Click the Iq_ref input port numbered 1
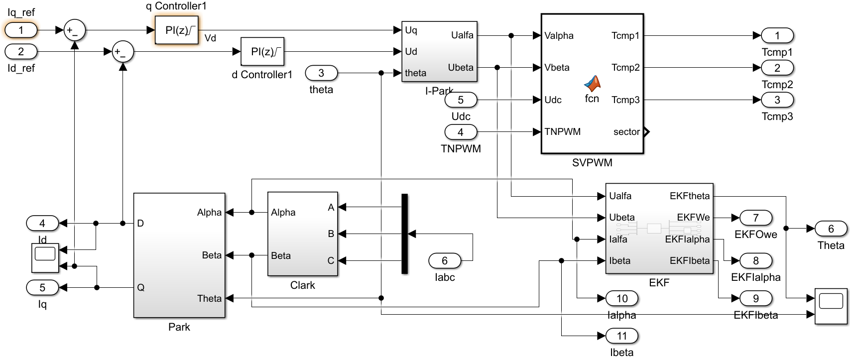[x=21, y=30]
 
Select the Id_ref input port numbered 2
[x=21, y=51]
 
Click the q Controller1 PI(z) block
[x=177, y=30]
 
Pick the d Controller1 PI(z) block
[x=262, y=52]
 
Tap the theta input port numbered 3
[x=321, y=73]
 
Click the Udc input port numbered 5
[x=461, y=100]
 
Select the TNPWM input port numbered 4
[x=461, y=132]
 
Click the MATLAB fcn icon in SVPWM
[x=592, y=84]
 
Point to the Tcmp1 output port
[x=777, y=35]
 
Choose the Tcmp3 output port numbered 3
[x=777, y=100]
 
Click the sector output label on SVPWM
[x=626, y=132]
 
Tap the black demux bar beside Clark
[x=404, y=234]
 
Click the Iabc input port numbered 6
[x=445, y=260]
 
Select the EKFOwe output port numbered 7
[x=755, y=218]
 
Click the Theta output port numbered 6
[x=831, y=229]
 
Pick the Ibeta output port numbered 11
[x=621, y=336]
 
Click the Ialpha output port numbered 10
[x=621, y=298]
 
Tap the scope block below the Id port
[x=45, y=257]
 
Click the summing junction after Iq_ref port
[x=75, y=30]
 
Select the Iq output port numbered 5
[x=42, y=287]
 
